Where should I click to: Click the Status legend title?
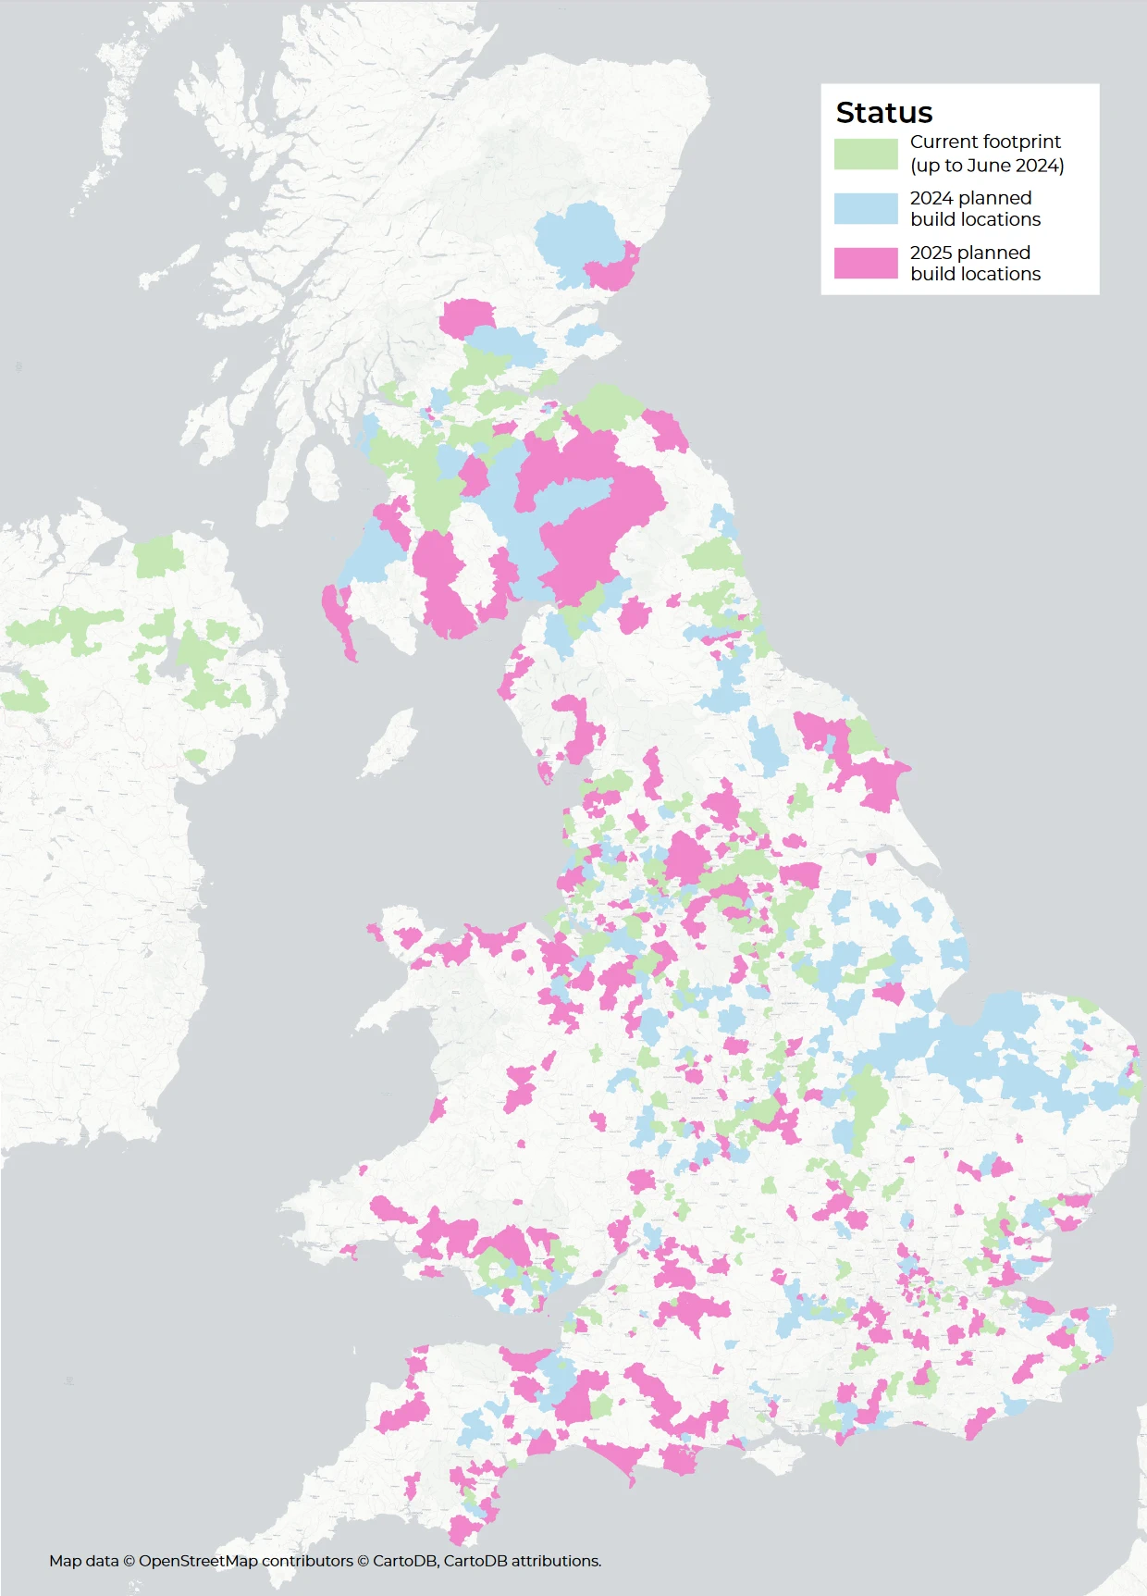883,112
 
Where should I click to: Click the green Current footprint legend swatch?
866,154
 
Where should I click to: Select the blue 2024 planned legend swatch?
866,208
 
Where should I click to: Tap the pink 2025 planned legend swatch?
866,263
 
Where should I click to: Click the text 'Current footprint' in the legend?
985,142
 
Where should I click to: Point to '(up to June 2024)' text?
987,166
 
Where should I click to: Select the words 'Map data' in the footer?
83,1561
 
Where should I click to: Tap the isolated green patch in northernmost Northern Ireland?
158,556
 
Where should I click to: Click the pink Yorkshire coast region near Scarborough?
879,777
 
